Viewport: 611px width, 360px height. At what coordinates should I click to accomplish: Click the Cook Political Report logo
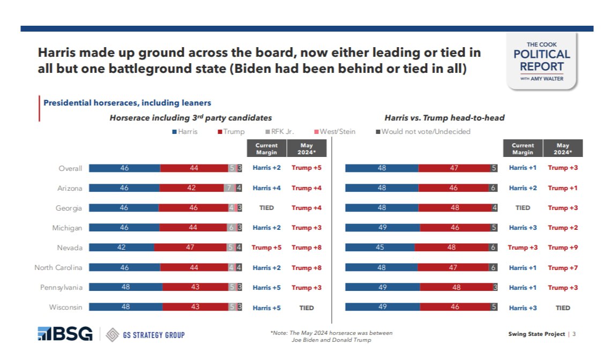pyautogui.click(x=542, y=61)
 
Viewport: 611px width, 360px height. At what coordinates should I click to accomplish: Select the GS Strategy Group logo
pyautogui.click(x=145, y=335)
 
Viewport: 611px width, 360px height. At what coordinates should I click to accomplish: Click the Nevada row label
pyautogui.click(x=70, y=247)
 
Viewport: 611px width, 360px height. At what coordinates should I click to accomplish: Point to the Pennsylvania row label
pyautogui.click(x=61, y=287)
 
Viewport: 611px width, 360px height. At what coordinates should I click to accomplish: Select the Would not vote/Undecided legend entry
pyautogui.click(x=423, y=131)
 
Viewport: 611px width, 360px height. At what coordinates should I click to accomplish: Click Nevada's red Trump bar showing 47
pyautogui.click(x=190, y=247)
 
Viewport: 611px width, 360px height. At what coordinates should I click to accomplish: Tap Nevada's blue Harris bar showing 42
pyautogui.click(x=122, y=247)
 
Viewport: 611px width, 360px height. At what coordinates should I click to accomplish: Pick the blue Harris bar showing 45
pyautogui.click(x=379, y=247)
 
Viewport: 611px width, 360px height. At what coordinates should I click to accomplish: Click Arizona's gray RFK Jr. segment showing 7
pyautogui.click(x=229, y=188)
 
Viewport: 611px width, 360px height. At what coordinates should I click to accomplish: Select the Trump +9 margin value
pyautogui.click(x=563, y=247)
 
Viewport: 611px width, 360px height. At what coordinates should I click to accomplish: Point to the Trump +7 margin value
pyautogui.click(x=563, y=267)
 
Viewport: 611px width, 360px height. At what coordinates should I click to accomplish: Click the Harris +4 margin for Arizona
pyautogui.click(x=266, y=188)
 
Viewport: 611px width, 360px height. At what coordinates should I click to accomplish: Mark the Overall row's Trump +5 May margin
pyautogui.click(x=306, y=168)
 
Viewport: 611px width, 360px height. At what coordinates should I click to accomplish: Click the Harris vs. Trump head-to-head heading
pyautogui.click(x=444, y=117)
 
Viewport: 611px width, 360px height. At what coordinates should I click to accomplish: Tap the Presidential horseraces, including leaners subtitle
pyautogui.click(x=127, y=103)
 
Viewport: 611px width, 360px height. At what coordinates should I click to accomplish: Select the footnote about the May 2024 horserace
pyautogui.click(x=331, y=336)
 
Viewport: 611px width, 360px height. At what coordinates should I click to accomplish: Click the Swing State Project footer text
pyautogui.click(x=537, y=334)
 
